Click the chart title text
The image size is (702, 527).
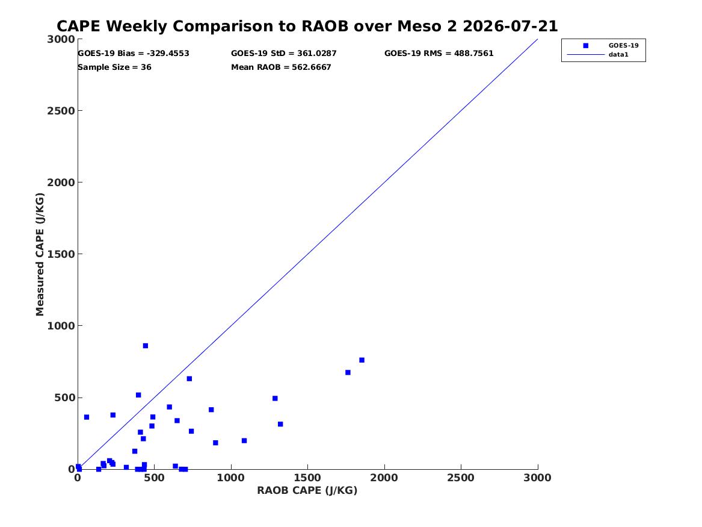pyautogui.click(x=307, y=26)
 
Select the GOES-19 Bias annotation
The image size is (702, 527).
pyautogui.click(x=134, y=54)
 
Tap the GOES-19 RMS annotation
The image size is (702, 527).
pyautogui.click(x=439, y=54)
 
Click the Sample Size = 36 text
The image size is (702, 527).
pyautogui.click(x=115, y=67)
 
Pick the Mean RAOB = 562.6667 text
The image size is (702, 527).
pyautogui.click(x=281, y=67)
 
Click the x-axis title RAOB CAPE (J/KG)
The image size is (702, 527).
pyautogui.click(x=307, y=490)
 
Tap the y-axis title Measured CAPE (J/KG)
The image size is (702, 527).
pyautogui.click(x=40, y=254)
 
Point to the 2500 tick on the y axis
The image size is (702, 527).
pyautogui.click(x=61, y=111)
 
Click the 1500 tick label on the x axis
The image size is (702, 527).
pyautogui.click(x=307, y=478)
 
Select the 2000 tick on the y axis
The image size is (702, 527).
pyautogui.click(x=61, y=182)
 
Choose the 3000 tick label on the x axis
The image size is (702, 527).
pyautogui.click(x=537, y=478)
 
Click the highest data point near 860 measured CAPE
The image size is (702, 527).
pyautogui.click(x=146, y=346)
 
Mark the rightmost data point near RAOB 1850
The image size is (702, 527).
pyautogui.click(x=362, y=360)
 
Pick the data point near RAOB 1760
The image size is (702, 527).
pyautogui.click(x=348, y=372)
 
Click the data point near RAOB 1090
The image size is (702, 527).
pyautogui.click(x=244, y=440)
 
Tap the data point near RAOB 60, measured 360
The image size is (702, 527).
pyautogui.click(x=87, y=417)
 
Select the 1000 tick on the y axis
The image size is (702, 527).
pyautogui.click(x=61, y=326)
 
